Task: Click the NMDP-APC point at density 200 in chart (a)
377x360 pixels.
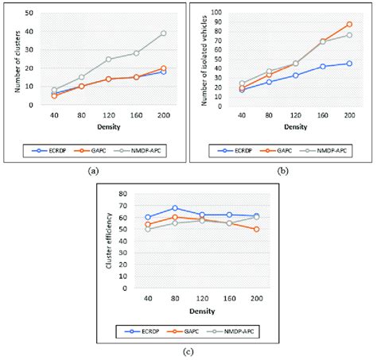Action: [x=163, y=33]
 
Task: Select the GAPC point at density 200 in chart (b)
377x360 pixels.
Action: [x=348, y=25]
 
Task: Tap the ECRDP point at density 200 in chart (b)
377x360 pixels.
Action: [x=348, y=63]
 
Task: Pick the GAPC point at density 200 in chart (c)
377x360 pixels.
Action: [x=255, y=229]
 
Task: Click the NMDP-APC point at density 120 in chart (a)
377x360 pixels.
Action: [x=108, y=59]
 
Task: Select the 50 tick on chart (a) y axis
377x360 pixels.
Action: [x=29, y=14]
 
